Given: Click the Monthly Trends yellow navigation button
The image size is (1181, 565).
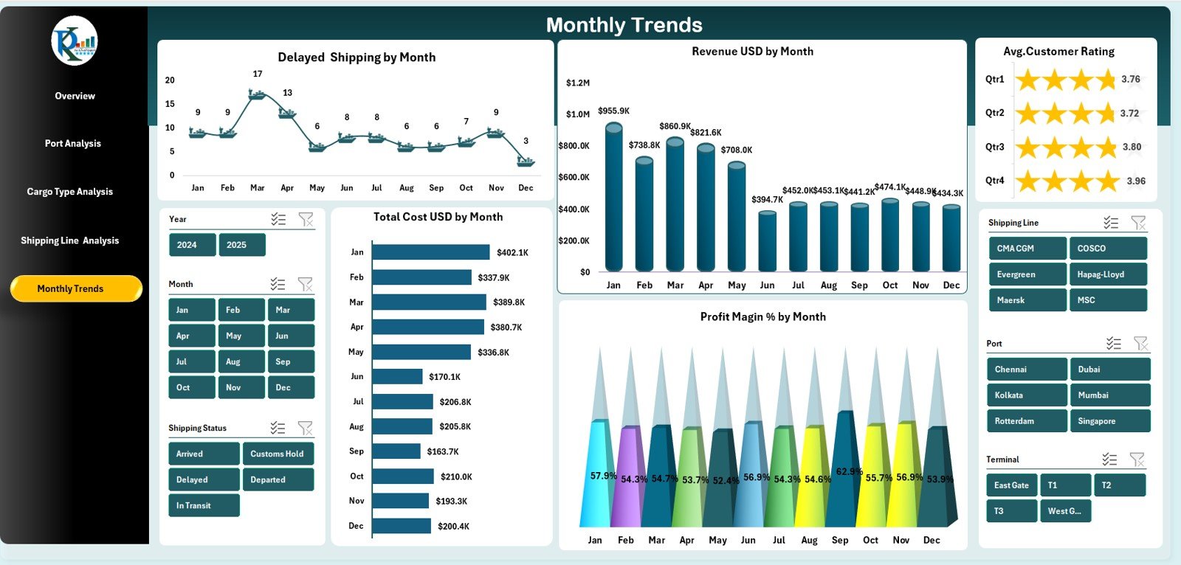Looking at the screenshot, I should (75, 288).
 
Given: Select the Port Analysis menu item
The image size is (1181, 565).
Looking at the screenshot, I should (72, 143).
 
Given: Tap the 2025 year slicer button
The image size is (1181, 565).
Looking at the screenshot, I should (241, 245).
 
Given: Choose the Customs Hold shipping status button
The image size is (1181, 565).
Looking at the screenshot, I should (278, 454).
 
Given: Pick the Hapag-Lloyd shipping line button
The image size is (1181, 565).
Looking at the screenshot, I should (1107, 274).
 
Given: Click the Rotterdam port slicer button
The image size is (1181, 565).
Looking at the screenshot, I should (1026, 421).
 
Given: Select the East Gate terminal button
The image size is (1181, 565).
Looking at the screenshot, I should (1011, 485).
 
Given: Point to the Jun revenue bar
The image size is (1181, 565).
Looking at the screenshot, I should (767, 242).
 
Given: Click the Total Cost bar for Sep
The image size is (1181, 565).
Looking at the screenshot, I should (396, 451).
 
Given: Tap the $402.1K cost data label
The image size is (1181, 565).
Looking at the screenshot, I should (512, 252).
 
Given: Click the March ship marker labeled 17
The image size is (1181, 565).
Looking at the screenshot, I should (257, 94).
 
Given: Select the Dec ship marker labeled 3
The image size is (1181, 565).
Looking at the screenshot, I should (526, 161).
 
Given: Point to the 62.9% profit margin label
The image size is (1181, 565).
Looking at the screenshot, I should (849, 471).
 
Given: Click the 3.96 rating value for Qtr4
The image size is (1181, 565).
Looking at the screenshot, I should (1136, 181).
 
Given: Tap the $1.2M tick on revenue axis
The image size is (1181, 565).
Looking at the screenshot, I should (577, 83).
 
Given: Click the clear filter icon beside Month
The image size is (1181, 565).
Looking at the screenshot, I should (305, 284).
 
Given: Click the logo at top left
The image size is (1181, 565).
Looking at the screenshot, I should (75, 41).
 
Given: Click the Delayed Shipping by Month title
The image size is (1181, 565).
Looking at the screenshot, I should (357, 58).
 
